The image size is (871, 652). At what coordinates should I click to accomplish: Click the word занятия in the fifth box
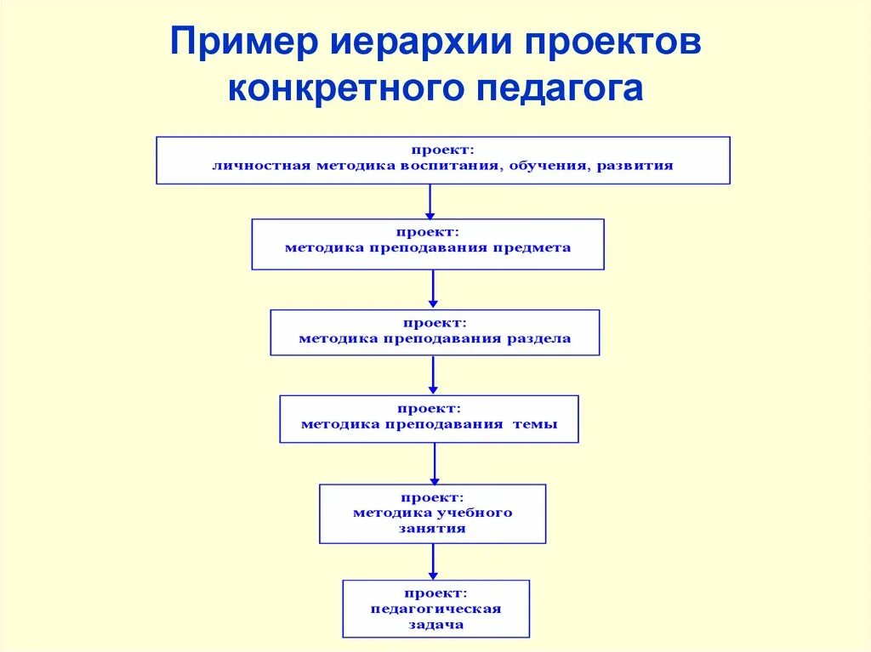click(433, 528)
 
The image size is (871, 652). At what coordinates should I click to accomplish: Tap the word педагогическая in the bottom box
click(435, 609)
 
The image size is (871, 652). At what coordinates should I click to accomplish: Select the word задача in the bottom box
click(435, 624)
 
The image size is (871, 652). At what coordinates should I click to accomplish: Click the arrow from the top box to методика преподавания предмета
click(430, 201)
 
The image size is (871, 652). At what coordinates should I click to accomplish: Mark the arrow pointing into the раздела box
click(433, 289)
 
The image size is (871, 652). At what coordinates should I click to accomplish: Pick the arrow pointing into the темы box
click(433, 375)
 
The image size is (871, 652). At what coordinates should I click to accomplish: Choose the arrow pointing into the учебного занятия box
click(434, 463)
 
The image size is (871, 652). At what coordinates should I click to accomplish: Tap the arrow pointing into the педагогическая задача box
click(433, 561)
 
